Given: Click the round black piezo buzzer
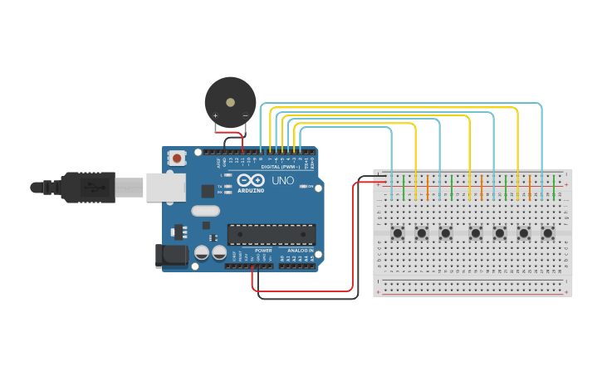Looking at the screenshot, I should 230,101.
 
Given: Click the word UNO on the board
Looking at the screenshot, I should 283,180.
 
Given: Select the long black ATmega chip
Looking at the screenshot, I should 272,234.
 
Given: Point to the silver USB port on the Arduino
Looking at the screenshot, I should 166,187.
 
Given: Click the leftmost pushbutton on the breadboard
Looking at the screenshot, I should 398,233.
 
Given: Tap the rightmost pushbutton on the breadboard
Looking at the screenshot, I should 547,233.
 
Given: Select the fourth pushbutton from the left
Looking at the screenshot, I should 476,233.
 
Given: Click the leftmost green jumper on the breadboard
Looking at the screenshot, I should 404,187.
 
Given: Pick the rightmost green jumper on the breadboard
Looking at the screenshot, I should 554,187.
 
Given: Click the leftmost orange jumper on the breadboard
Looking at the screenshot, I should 428,187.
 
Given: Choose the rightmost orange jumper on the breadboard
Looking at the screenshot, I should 530,187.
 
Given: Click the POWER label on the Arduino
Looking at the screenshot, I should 263,250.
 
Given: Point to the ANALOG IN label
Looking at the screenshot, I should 300,250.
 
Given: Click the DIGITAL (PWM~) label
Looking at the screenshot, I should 281,166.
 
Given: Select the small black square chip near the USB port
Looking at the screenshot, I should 207,191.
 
